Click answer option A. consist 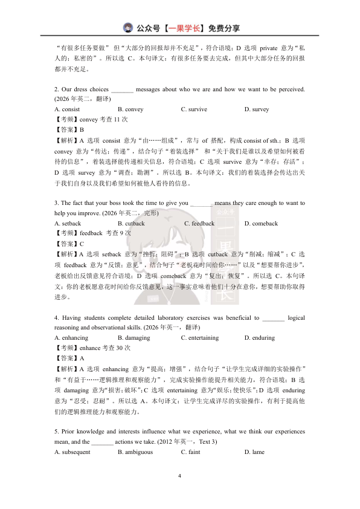67,109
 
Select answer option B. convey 130,109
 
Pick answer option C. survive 194,109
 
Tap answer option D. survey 257,109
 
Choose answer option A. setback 68,224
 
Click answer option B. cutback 131,224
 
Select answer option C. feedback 199,224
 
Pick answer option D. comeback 261,224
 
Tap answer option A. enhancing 71,338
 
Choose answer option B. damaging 133,338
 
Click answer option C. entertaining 200,338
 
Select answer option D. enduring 259,338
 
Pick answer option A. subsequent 72,452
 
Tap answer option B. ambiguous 135,452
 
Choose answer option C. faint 190,452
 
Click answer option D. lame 254,452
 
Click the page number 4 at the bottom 180,476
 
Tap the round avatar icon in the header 128,27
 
